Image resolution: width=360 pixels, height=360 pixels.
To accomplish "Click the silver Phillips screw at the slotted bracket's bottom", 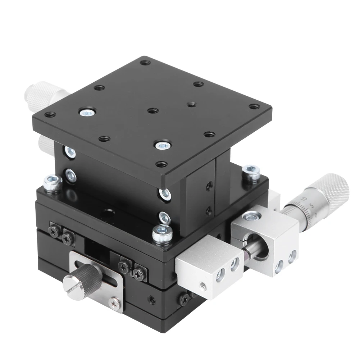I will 115,303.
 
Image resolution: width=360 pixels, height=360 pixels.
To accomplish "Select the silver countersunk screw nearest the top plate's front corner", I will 160,145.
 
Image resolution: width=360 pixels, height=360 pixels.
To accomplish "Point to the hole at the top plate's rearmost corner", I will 145,63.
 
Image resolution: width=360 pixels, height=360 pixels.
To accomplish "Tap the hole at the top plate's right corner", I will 255,107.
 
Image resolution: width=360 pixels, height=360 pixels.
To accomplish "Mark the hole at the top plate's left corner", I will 49,115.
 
